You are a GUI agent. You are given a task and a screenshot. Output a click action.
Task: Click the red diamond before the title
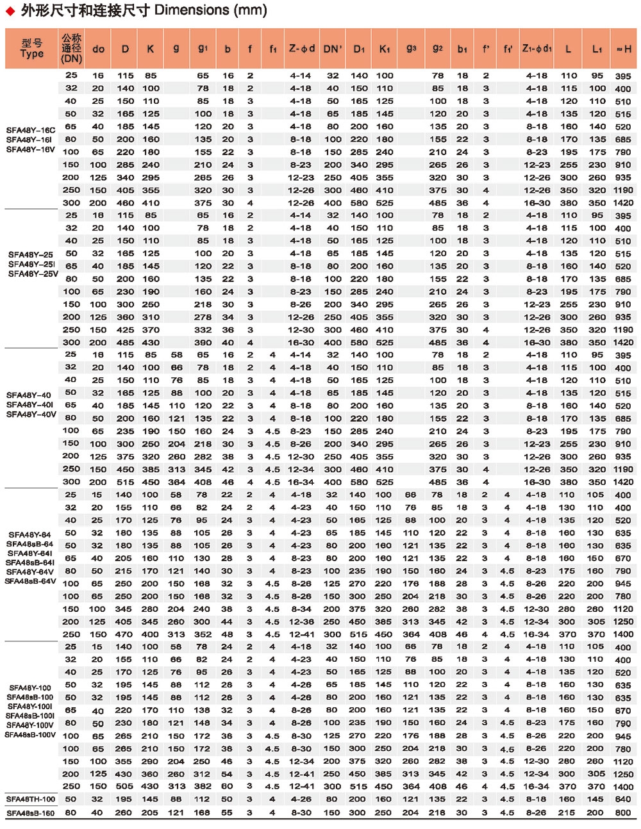[x=10, y=11]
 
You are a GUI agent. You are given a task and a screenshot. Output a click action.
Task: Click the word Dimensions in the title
[x=192, y=10]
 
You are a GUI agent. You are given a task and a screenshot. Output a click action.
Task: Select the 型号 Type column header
[x=32, y=49]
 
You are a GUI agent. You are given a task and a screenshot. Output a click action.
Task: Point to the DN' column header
[x=333, y=49]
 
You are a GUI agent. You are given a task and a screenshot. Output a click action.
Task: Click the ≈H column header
[x=623, y=49]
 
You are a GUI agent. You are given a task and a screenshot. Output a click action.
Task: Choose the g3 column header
[x=411, y=48]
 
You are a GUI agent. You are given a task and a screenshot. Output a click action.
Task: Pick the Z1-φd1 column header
[x=537, y=48]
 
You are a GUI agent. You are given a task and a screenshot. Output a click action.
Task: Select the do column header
[x=98, y=49]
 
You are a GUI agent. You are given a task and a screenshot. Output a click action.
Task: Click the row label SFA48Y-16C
[x=31, y=130]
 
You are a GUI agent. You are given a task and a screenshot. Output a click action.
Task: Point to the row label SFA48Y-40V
[x=31, y=414]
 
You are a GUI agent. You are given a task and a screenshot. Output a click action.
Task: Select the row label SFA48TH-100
[x=31, y=799]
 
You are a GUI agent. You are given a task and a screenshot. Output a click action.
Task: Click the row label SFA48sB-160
[x=31, y=813]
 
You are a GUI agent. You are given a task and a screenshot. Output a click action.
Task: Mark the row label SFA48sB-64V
[x=31, y=582]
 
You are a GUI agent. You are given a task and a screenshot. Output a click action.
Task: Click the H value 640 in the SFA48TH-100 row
[x=623, y=800]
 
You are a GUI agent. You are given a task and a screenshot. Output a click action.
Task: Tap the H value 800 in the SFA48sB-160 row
[x=623, y=813]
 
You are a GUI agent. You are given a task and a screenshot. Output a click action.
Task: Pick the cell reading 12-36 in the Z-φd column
[x=301, y=622]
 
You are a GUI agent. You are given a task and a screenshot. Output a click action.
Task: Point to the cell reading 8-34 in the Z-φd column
[x=301, y=609]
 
